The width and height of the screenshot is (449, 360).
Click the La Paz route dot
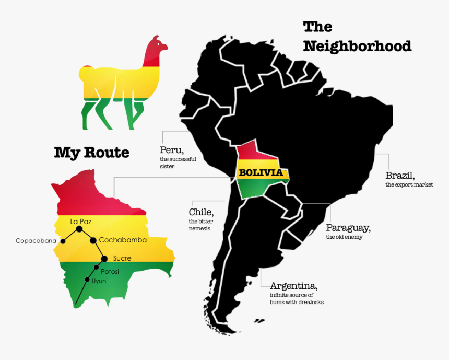[79, 229]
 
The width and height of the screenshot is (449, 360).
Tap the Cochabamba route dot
[93, 240]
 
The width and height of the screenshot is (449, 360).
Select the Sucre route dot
[104, 258]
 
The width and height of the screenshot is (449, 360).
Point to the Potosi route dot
[96, 268]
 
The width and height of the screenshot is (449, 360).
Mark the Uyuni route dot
[87, 280]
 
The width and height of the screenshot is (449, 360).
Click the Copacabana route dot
[63, 241]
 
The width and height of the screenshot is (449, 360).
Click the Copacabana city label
[36, 241]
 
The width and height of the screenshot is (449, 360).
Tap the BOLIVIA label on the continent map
[261, 172]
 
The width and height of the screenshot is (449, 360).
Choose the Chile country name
[200, 212]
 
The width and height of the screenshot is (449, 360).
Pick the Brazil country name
[400, 175]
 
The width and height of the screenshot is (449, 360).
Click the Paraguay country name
[348, 228]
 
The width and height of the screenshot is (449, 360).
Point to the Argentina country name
[293, 286]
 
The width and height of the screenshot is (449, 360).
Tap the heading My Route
[92, 153]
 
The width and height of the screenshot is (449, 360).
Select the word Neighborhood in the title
[357, 46]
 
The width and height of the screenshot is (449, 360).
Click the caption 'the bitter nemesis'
[201, 225]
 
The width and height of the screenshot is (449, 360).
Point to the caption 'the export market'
[409, 185]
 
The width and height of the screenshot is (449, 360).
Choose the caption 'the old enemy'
[344, 237]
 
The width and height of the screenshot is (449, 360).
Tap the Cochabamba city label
[123, 240]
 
